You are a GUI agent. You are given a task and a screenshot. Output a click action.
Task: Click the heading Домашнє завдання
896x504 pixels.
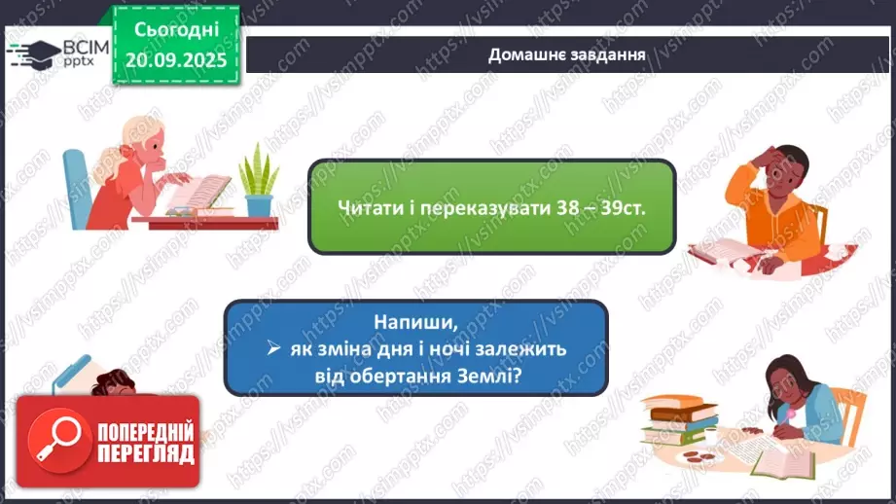pos(567,54)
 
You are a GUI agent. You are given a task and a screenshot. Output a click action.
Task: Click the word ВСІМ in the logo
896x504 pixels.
pos(83,45)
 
